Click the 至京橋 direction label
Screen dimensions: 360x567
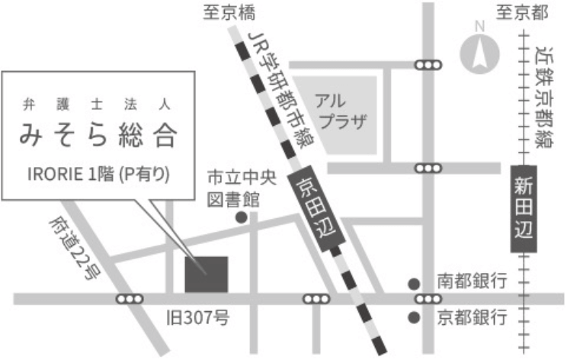point(229,12)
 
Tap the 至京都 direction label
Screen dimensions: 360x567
point(524,12)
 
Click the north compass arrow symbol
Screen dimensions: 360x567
point(480,54)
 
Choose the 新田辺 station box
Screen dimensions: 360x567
point(524,208)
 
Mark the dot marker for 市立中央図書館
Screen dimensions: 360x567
point(241,217)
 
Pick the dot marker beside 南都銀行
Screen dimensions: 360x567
point(414,282)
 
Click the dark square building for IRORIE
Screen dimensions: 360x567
point(206,274)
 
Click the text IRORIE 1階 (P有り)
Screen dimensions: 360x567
point(99,172)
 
